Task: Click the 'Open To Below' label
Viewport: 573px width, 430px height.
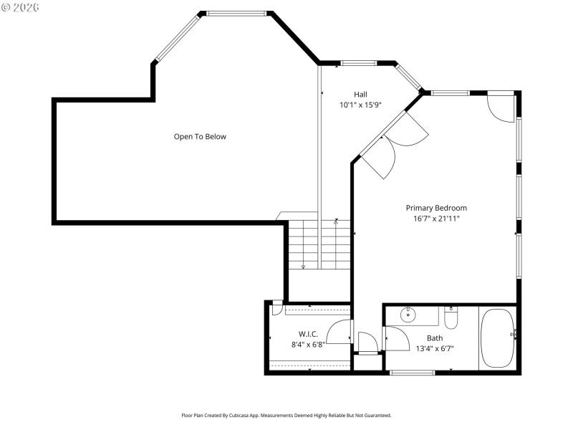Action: coord(200,136)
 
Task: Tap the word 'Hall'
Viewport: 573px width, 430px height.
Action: coord(360,95)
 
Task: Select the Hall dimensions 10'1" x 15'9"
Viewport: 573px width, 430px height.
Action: coord(360,105)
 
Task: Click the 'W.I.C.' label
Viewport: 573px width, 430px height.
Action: coord(309,334)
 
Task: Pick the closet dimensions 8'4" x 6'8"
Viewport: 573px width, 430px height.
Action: coord(309,345)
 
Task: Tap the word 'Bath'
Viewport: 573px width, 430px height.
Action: coord(435,338)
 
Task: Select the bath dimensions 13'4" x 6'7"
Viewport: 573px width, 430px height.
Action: coord(435,349)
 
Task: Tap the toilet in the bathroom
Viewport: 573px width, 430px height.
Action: coord(451,316)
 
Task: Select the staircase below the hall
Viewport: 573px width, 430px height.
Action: coord(319,244)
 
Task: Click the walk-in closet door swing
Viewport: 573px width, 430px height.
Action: coord(339,331)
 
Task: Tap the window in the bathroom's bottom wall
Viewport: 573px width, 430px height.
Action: coord(412,372)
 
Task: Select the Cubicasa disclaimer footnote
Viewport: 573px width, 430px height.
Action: coord(286,415)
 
